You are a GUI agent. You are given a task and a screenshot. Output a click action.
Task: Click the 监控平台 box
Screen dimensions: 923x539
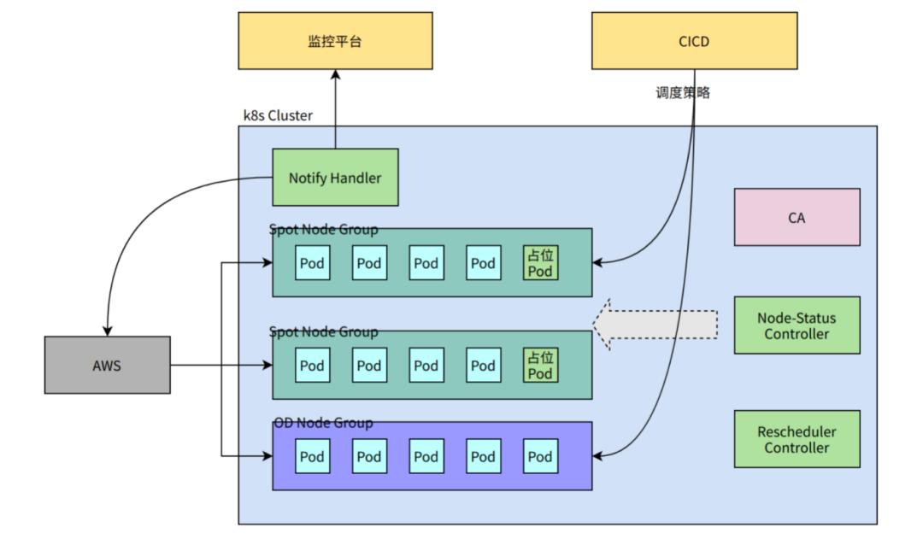(x=335, y=41)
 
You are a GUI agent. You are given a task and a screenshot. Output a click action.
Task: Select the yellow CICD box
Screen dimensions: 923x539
(x=694, y=41)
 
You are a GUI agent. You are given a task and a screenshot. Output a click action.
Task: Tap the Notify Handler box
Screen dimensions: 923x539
(x=335, y=177)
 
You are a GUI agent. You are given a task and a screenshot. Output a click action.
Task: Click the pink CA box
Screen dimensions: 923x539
(x=797, y=217)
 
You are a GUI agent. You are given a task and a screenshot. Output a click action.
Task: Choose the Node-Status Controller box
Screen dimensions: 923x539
(x=797, y=325)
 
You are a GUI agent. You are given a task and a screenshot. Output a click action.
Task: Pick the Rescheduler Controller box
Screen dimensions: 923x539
(x=797, y=439)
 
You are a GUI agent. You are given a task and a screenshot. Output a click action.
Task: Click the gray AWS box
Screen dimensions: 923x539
(x=107, y=365)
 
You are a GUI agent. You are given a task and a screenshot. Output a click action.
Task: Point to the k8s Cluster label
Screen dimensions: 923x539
(x=278, y=115)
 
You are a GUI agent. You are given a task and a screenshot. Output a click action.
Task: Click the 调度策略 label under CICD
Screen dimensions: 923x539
(x=683, y=92)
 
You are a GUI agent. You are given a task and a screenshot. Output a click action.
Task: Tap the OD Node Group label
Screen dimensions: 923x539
(x=323, y=423)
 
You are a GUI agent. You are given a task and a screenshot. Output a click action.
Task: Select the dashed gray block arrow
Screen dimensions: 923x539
(x=655, y=325)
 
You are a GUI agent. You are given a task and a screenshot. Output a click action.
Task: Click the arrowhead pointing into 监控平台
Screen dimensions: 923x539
(x=336, y=74)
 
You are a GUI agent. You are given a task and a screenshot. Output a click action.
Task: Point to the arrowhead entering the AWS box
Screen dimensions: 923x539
(x=107, y=331)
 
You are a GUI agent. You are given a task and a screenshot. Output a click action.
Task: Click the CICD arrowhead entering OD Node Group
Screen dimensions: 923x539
(x=597, y=455)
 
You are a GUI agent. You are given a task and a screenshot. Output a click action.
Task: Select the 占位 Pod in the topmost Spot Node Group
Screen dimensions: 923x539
(x=540, y=262)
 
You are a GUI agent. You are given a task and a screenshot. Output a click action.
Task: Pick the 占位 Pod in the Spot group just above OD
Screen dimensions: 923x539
(x=540, y=365)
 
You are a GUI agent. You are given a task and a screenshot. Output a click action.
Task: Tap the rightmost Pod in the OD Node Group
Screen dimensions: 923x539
(x=540, y=456)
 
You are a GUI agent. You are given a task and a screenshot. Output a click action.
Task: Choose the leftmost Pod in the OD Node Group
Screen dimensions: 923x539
(x=312, y=456)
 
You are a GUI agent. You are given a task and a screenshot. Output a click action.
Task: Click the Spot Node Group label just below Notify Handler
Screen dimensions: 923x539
(x=323, y=230)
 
